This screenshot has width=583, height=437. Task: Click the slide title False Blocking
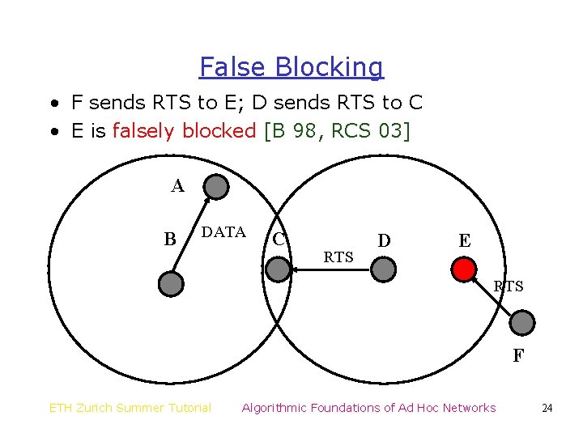point(291,67)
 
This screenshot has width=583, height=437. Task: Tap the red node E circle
point(463,269)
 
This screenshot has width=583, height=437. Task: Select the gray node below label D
point(384,269)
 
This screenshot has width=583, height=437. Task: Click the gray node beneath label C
point(278,269)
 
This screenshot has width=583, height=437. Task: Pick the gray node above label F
point(524,323)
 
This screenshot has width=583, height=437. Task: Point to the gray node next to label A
point(216,188)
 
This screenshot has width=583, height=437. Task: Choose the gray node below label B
point(171,282)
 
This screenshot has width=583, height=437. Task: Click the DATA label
point(223,233)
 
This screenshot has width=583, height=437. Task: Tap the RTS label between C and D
point(338,257)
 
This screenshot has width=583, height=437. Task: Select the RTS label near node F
point(509,286)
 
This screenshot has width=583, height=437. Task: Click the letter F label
point(517,356)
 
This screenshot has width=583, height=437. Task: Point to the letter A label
point(177,186)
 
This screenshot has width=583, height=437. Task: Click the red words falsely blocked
point(184,131)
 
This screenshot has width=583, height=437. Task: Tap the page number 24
point(547,408)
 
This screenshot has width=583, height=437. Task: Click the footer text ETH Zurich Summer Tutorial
point(130,408)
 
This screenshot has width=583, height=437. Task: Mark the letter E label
point(464,240)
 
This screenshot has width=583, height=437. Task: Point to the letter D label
point(384,240)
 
